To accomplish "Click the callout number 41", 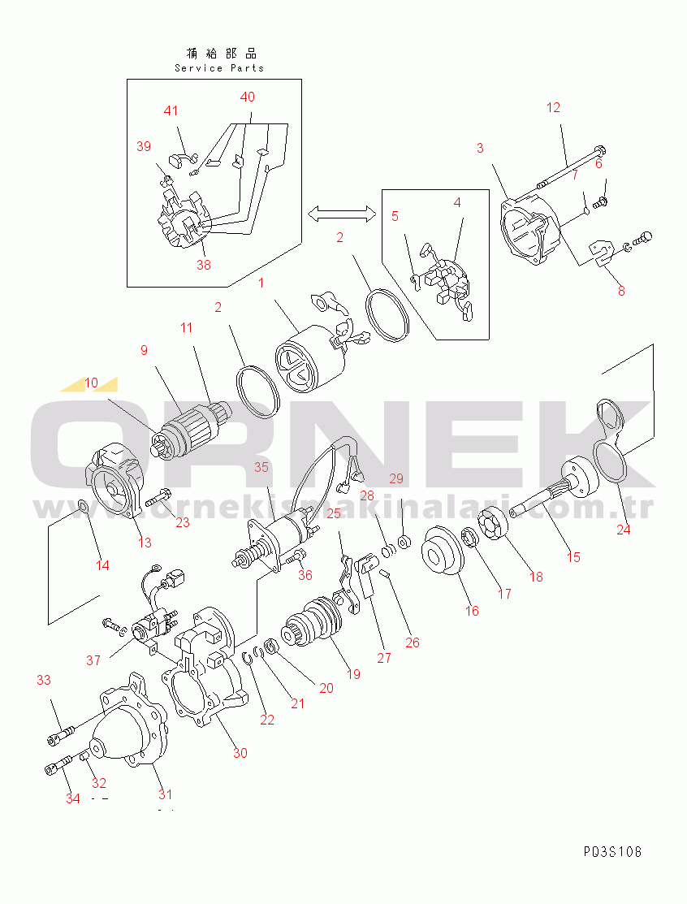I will (x=171, y=111).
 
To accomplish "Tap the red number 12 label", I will (x=553, y=107).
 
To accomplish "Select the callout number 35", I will (x=261, y=467).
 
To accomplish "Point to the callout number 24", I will (x=623, y=530).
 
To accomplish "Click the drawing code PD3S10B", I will (x=612, y=852).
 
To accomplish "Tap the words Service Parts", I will (x=219, y=68).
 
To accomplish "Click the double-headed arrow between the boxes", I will (x=342, y=213).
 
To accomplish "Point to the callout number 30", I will (x=240, y=753).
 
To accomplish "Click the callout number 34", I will (x=73, y=798).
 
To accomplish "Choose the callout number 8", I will (x=621, y=290).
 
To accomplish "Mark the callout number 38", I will (x=202, y=264).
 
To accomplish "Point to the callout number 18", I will (x=536, y=577).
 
